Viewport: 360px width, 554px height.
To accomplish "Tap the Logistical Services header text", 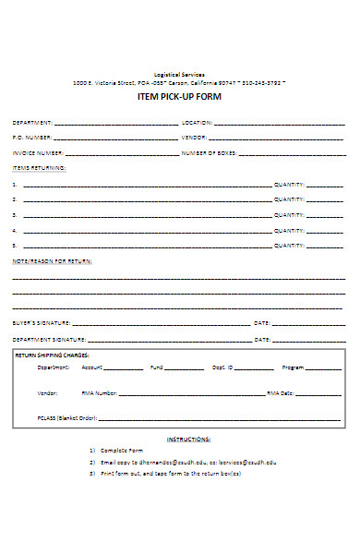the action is [x=180, y=74].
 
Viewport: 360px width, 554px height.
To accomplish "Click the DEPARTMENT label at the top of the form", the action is [x=32, y=122].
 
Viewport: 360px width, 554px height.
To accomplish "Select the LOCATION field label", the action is [x=197, y=122].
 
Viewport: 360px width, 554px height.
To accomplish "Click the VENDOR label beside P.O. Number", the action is [x=193, y=137].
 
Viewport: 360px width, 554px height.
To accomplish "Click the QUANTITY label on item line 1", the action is [x=289, y=185].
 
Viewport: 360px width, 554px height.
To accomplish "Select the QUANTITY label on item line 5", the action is [x=289, y=246].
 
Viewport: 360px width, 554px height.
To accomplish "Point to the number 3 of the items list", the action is [x=14, y=215].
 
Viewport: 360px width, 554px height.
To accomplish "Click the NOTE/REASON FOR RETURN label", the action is [x=52, y=261].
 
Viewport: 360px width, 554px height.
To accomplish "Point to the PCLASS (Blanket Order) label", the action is [x=67, y=417].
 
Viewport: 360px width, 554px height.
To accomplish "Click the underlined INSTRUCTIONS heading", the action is [x=188, y=439].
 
